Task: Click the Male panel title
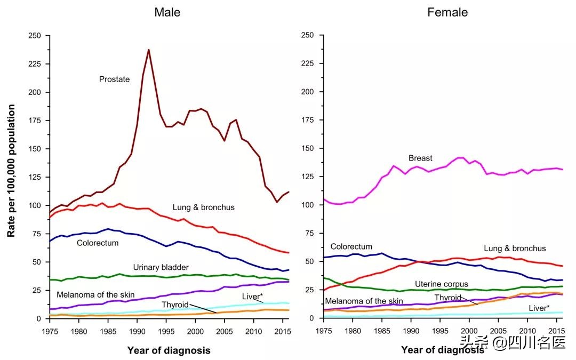click(167, 12)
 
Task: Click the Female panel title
click(447, 12)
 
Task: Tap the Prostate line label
click(114, 79)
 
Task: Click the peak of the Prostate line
click(148, 50)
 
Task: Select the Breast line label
click(420, 158)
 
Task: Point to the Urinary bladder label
click(161, 267)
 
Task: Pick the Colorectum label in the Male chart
click(98, 243)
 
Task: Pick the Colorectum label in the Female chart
click(351, 246)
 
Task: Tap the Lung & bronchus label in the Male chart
click(203, 207)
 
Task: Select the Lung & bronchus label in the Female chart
click(515, 249)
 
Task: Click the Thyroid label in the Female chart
click(448, 297)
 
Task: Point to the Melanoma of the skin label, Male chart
click(95, 294)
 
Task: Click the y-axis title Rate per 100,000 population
click(11, 171)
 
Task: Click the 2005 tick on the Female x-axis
click(498, 331)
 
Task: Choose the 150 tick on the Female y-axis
click(308, 148)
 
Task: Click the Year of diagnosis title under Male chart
click(169, 350)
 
